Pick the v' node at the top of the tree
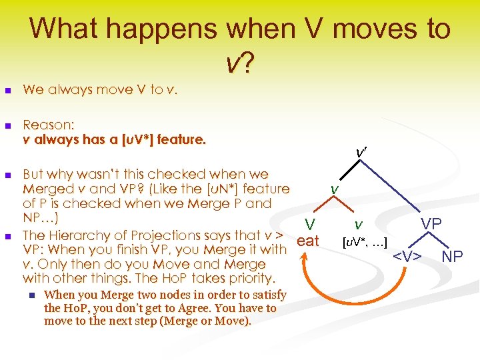tap(361, 153)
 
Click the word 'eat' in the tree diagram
tap(308, 241)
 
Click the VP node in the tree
tap(431, 224)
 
